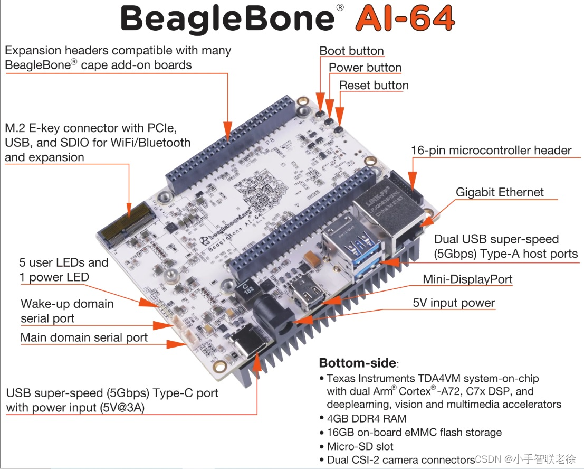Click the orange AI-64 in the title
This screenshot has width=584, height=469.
[x=405, y=19]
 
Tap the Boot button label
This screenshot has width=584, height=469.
[x=351, y=51]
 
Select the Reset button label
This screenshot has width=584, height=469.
[x=374, y=85]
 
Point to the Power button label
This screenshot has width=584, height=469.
[x=365, y=68]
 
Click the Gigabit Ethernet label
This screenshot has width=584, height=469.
[x=500, y=192]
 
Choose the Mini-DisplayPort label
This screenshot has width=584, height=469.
[x=467, y=279]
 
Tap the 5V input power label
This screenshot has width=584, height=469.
[x=454, y=303]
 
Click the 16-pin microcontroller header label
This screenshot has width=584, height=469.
[x=491, y=151]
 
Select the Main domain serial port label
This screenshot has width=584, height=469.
[x=84, y=337]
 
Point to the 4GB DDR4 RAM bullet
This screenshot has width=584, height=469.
[x=366, y=418]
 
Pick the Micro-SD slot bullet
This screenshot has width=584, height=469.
[x=360, y=446]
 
